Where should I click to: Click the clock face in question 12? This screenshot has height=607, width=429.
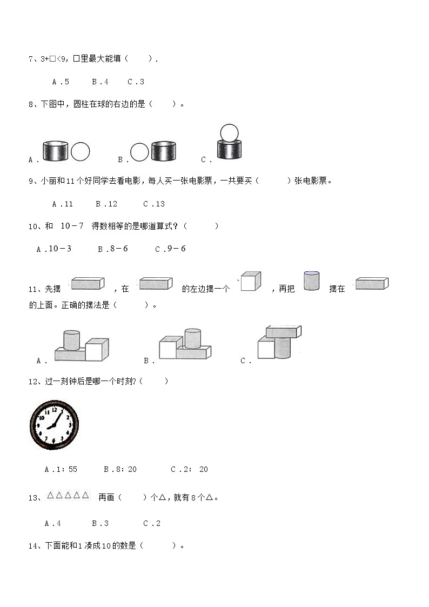pos(54,425)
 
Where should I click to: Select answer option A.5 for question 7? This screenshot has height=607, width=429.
pos(61,82)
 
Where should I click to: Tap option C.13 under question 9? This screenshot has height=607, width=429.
pos(154,204)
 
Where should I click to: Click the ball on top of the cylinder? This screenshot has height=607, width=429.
pos(229,133)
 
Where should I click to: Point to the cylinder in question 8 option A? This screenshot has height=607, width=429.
pos(55,151)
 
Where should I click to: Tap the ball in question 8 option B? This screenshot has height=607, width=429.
pos(139,152)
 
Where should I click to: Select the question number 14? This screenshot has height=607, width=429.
pos(33,546)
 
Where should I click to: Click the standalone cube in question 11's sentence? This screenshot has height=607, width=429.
pos(251,282)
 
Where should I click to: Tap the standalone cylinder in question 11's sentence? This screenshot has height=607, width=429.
pos(311,281)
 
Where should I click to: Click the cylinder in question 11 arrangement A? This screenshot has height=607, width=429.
pos(71,341)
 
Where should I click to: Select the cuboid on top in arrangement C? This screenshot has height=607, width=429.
pos(283,332)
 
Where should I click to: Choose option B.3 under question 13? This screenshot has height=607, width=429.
pos(100,523)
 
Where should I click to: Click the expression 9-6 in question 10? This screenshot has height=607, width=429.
pos(173,249)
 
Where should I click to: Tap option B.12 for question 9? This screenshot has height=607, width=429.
pos(106,204)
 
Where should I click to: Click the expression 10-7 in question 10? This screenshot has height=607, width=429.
pos(72,226)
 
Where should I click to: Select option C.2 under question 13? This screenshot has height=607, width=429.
pos(152,523)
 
